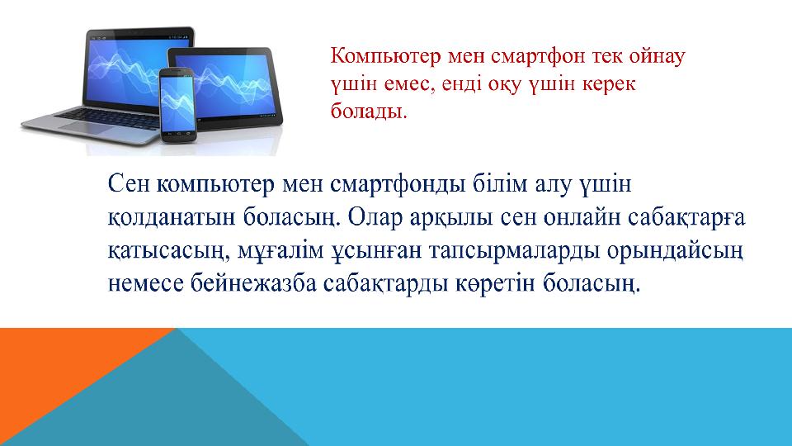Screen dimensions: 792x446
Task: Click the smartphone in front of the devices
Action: (177, 105)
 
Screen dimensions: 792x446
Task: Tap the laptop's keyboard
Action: (109, 118)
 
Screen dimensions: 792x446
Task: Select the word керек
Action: (609, 84)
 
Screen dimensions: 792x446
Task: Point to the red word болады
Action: (369, 111)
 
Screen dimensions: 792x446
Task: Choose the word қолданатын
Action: (172, 217)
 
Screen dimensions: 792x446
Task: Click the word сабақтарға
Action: (687, 217)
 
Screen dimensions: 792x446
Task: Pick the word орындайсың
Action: (675, 251)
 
